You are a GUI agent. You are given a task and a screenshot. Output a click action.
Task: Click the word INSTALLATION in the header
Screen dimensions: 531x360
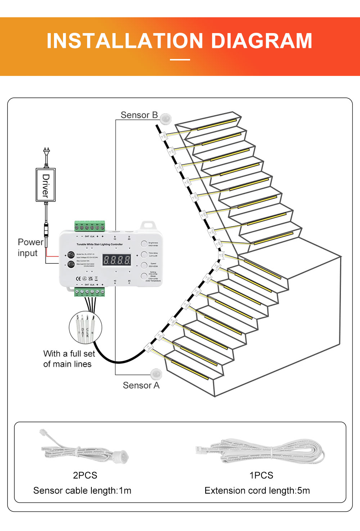point(126,41)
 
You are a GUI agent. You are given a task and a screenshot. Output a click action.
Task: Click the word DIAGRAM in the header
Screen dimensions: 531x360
point(261,41)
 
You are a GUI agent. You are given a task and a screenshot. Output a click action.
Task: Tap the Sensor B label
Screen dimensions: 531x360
point(139,115)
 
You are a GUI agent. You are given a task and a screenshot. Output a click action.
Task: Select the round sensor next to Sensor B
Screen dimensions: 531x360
point(166,118)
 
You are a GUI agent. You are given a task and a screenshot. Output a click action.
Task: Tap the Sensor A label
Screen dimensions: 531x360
point(141,385)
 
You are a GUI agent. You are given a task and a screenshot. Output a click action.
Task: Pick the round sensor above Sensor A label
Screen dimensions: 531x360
point(156,374)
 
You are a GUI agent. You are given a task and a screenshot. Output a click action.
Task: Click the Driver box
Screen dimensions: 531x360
point(46,185)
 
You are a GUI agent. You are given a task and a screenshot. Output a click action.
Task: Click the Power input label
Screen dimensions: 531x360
point(30,248)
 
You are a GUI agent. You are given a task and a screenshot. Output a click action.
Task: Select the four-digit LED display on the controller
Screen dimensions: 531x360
point(117,260)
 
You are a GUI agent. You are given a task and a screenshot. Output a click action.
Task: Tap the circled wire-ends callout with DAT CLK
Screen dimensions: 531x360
point(85,328)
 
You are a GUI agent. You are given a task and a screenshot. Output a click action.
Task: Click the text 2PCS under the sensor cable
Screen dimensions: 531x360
point(85,475)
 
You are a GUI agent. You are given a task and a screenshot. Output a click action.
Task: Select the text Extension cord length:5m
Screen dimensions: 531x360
point(257,491)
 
